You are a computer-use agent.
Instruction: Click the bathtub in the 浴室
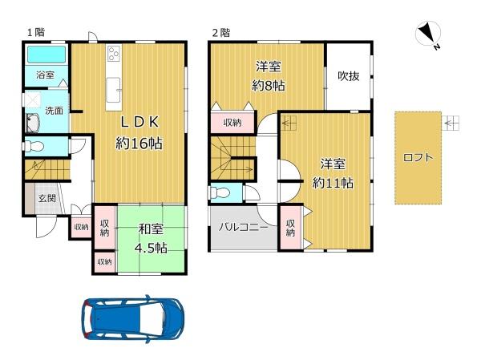click(x=46, y=55)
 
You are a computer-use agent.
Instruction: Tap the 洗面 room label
click(x=54, y=111)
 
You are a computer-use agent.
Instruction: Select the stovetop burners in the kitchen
click(x=114, y=52)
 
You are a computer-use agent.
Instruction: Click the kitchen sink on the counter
click(x=113, y=90)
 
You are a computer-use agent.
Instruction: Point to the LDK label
click(x=139, y=122)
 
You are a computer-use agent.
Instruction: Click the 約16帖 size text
click(x=139, y=143)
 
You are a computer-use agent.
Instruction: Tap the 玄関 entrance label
click(x=47, y=198)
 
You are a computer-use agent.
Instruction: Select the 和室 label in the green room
click(x=151, y=229)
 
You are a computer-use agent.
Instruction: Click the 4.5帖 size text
click(x=151, y=248)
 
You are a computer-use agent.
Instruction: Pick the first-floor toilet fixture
click(x=34, y=146)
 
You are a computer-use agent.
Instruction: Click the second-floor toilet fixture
click(x=220, y=192)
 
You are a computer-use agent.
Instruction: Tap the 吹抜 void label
click(x=349, y=76)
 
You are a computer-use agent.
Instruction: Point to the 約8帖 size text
click(x=269, y=85)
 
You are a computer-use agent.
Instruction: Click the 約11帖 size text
click(x=333, y=184)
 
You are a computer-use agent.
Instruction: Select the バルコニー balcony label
click(x=243, y=228)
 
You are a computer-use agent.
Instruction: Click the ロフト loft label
click(x=418, y=158)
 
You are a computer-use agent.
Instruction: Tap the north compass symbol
click(x=428, y=34)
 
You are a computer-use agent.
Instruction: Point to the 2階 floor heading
click(x=221, y=33)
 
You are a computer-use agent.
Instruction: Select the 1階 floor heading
click(x=36, y=32)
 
